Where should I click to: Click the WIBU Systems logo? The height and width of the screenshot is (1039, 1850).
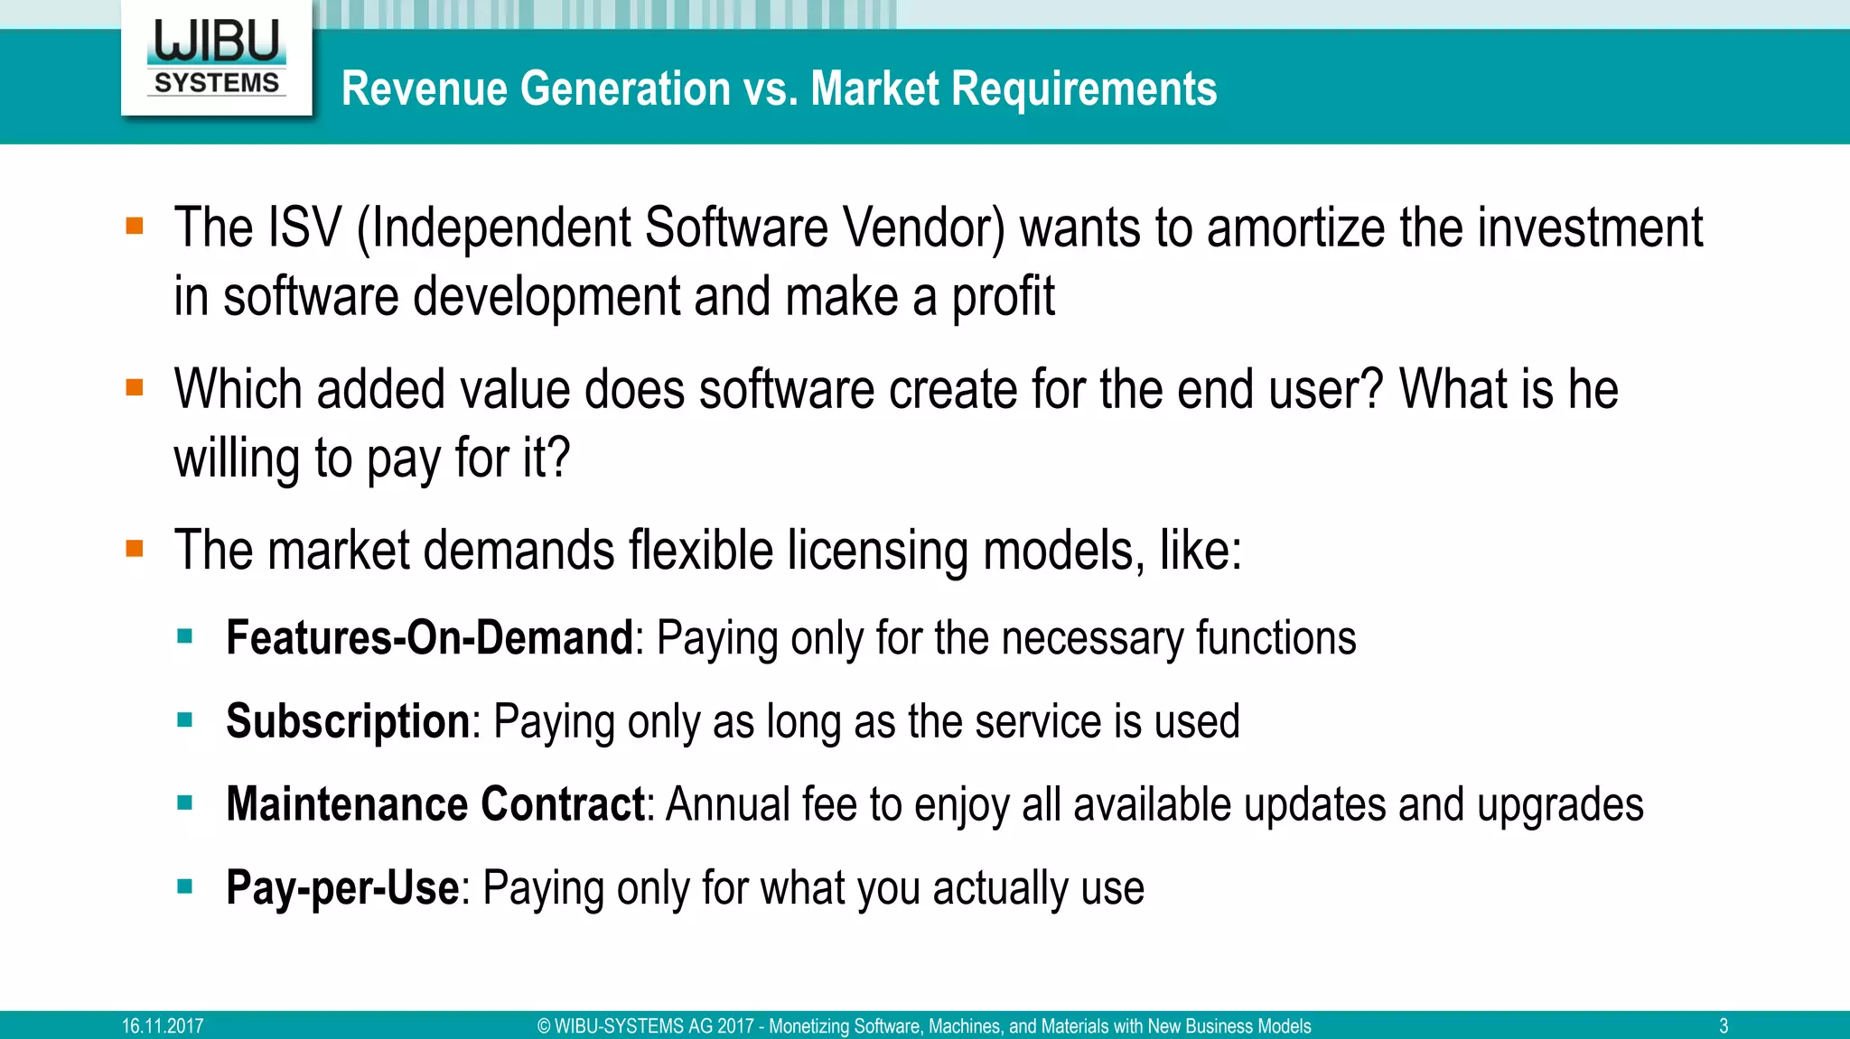tap(217, 58)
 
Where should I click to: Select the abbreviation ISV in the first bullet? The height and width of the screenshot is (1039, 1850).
tap(304, 227)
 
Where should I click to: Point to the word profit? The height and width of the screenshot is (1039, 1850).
tap(1003, 298)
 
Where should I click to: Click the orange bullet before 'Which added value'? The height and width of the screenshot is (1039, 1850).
tap(135, 388)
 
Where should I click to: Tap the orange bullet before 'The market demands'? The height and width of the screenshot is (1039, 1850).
tap(135, 549)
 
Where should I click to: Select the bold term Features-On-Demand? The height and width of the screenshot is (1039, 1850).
tap(429, 638)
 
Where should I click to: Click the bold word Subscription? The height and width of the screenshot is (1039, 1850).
tap(348, 722)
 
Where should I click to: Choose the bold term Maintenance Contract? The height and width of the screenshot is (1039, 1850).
tap(434, 804)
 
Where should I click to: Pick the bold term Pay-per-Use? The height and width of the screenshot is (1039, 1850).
tap(342, 888)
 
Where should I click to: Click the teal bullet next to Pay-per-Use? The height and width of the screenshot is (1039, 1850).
tap(185, 886)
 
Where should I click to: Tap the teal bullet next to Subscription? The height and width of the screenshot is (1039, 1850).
tap(185, 720)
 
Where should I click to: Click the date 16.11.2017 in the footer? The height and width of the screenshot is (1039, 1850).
tap(163, 1026)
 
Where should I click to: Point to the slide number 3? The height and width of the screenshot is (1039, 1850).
tap(1723, 1026)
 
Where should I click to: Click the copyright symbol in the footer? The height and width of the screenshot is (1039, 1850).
tap(544, 1026)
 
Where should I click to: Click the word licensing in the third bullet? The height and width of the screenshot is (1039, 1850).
tap(877, 551)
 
